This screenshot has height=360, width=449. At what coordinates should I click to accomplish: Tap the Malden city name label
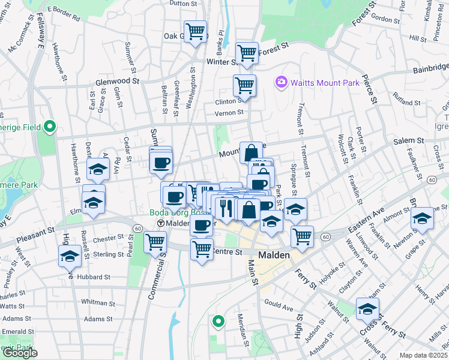274,255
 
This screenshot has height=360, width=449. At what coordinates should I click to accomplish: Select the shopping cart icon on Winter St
247,53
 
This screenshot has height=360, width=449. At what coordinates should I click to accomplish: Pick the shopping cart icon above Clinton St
244,85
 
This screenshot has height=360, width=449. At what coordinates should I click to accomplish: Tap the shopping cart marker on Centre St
202,249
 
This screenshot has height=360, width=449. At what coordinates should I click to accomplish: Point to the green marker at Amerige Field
50,127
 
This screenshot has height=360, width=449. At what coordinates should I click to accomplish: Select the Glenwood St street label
117,82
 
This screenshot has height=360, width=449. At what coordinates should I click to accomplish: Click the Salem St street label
408,140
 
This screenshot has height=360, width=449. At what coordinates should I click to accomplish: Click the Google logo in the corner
20,353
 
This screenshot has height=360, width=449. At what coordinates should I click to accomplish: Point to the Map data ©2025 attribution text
424,355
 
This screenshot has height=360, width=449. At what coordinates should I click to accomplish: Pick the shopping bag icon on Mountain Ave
250,152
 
